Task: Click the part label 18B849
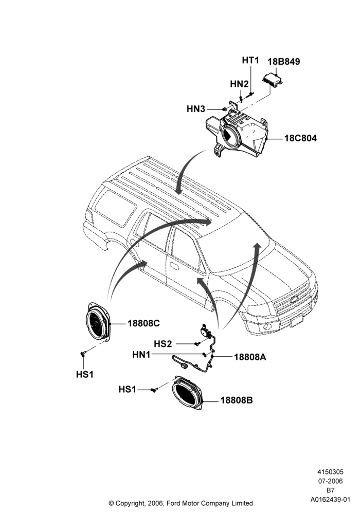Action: coord(283,62)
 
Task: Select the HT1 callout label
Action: coord(250,60)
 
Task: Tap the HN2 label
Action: coord(239,84)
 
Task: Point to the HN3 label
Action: coord(196,109)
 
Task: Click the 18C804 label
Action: coord(300,138)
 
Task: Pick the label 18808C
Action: coord(143,323)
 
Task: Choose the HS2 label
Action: coord(163,344)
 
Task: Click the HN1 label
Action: coord(141,355)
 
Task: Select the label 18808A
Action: coord(250,357)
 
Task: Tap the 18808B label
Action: coord(237,400)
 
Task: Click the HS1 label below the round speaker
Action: coord(84,374)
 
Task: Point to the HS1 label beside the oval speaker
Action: coord(127,390)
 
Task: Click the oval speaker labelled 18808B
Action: coord(188,393)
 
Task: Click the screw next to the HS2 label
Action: coord(197,344)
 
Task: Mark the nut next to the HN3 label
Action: coord(224,109)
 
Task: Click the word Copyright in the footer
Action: coord(128,503)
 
